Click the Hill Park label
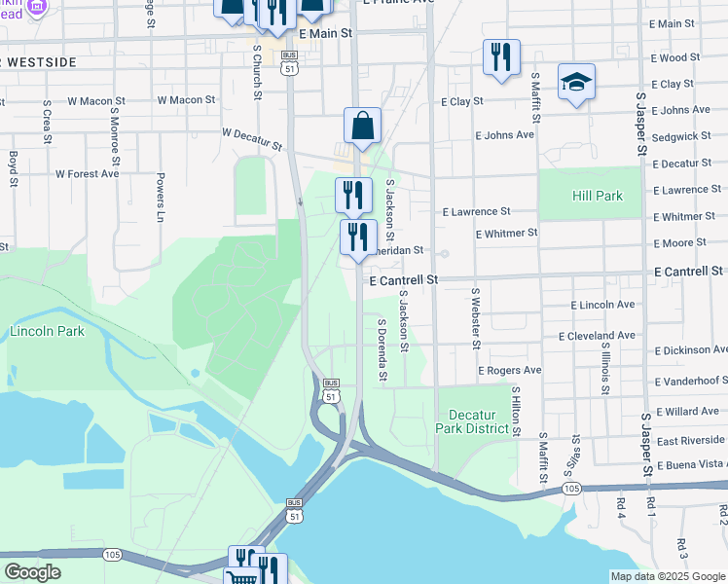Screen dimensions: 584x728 click(597, 196)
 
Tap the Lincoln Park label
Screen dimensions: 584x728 click(47, 331)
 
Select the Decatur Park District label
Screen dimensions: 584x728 click(472, 420)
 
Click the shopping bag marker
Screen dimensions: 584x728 click(362, 127)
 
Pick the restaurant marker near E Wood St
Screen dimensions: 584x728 click(500, 57)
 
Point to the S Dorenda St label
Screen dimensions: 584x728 click(382, 349)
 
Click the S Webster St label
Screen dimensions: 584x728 click(476, 317)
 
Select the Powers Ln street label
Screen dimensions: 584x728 click(160, 198)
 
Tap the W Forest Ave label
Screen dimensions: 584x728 click(87, 174)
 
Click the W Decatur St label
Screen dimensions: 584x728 click(251, 139)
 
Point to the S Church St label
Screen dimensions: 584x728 click(257, 70)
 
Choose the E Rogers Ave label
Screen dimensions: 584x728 click(509, 371)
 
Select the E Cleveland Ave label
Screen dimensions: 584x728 click(597, 336)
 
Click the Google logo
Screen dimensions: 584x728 click(32, 572)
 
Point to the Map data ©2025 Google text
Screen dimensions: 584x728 click(669, 576)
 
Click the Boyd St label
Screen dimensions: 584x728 click(14, 167)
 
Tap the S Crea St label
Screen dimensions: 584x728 click(46, 123)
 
